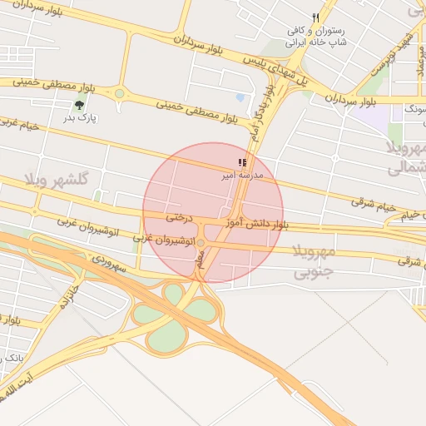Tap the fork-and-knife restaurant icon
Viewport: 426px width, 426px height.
(x=315, y=17)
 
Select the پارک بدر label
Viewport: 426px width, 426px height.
(x=80, y=118)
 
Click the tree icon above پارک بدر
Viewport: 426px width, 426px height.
(x=79, y=106)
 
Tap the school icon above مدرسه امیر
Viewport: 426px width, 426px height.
(x=241, y=163)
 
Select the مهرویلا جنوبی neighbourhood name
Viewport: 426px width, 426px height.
(x=315, y=260)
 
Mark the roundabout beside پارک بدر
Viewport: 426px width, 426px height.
(x=119, y=93)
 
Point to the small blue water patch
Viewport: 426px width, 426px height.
(x=240, y=98)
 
